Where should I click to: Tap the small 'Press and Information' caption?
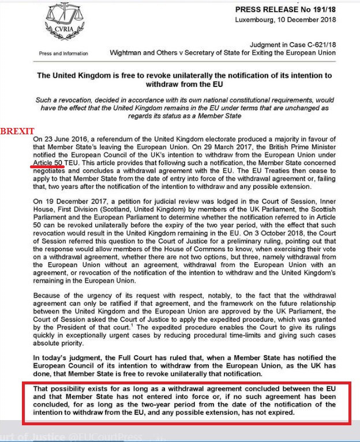pos(63,54)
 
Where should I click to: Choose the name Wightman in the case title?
pos(128,53)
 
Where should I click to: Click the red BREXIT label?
pos(17,131)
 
